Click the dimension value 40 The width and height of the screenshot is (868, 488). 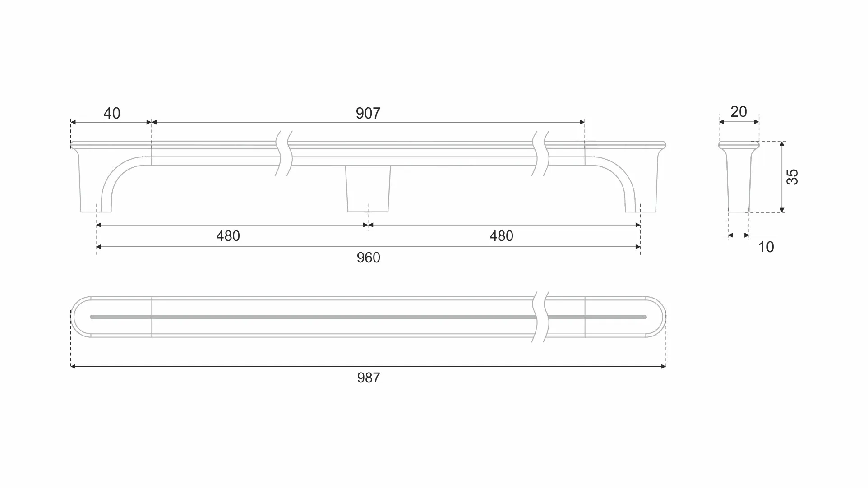click(112, 113)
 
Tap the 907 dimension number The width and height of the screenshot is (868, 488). click(368, 113)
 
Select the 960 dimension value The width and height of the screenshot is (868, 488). click(368, 258)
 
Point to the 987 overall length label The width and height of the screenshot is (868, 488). click(369, 378)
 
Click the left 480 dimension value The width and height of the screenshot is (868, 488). click(228, 236)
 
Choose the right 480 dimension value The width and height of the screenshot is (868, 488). click(501, 236)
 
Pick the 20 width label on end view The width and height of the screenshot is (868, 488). click(739, 111)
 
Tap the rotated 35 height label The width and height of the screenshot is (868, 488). click(792, 177)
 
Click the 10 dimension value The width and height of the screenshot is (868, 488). click(766, 247)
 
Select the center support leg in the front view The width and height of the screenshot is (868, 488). click(368, 189)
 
